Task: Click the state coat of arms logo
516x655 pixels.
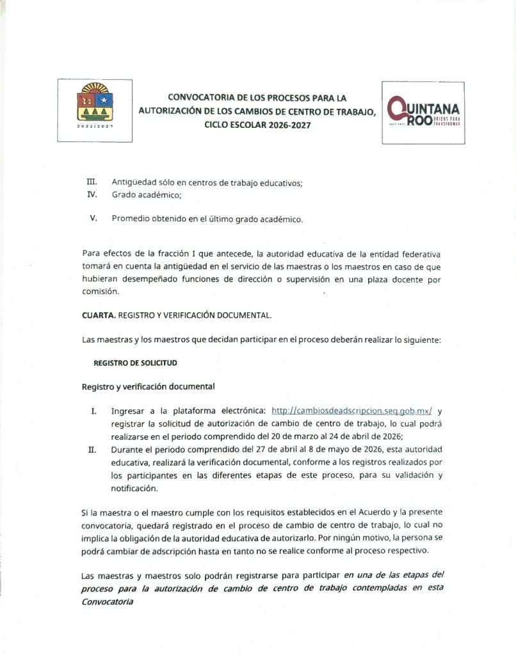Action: (95, 109)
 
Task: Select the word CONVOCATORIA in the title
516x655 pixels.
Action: (200, 98)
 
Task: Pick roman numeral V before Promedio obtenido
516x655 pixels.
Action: (93, 218)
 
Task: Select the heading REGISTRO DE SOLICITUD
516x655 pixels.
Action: (135, 362)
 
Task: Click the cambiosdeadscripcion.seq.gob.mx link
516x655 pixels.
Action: (352, 411)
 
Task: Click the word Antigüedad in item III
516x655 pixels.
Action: (135, 183)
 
